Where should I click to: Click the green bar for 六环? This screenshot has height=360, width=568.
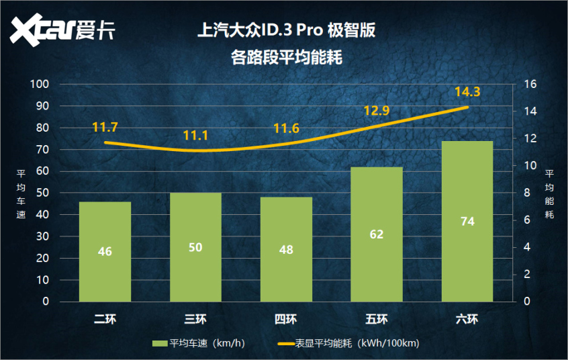tap(467, 221)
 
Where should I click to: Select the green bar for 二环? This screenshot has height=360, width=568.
tap(105, 251)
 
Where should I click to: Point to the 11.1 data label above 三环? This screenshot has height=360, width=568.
tap(195, 136)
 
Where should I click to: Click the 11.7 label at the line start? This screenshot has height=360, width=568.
tap(105, 127)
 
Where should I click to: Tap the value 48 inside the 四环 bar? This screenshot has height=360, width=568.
tap(286, 249)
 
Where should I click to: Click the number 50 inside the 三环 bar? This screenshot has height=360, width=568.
tap(195, 247)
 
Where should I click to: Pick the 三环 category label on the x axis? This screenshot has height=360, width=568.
tap(195, 319)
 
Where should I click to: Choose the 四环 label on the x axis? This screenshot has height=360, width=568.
tap(286, 319)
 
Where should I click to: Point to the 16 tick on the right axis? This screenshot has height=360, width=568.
tap(528, 84)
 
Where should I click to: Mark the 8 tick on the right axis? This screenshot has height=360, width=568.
tap(526, 193)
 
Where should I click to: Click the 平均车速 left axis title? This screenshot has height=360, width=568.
tap(20, 193)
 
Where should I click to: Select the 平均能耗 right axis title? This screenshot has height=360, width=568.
tap(549, 193)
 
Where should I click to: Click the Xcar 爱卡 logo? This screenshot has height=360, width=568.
tap(64, 30)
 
